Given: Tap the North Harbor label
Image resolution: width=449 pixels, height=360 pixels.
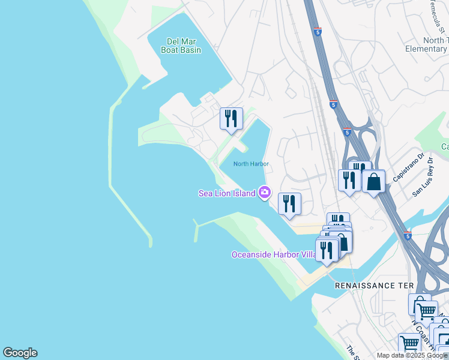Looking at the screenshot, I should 250,164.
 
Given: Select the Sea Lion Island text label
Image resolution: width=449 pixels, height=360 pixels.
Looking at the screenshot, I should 228,193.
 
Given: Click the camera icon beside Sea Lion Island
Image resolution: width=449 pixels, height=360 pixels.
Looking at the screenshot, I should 265,193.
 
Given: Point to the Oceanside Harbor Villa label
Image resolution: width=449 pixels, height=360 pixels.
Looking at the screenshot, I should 274,254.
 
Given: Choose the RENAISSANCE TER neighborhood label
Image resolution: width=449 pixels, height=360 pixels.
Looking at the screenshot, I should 375,286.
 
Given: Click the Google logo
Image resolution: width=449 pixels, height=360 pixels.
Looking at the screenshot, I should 20,353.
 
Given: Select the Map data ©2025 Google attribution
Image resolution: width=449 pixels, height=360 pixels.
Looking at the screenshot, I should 412,355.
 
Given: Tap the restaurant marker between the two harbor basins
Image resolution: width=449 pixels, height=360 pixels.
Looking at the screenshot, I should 231,119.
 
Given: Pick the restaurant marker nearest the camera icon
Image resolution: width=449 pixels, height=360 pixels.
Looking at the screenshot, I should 289,205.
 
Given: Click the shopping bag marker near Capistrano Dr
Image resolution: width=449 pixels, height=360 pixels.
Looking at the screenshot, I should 373,181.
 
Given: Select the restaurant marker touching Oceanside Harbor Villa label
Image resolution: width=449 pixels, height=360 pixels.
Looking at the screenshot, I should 327,251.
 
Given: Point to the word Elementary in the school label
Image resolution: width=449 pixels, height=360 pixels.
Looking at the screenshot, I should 426,49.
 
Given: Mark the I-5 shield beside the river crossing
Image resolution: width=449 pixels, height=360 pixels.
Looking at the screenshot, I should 408,233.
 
